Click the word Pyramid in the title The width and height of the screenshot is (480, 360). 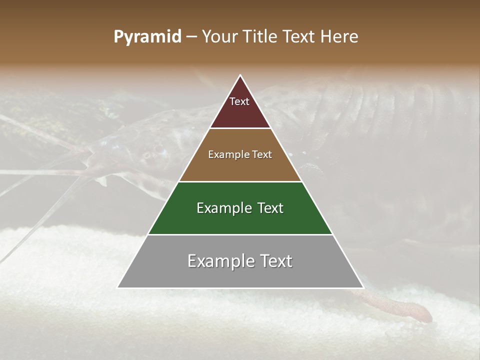tap(147, 37)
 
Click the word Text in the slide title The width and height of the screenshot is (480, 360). tap(300, 37)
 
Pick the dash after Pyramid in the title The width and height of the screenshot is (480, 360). tap(191, 37)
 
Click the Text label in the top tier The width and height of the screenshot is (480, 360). tap(239, 101)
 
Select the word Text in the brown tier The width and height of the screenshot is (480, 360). tap(262, 155)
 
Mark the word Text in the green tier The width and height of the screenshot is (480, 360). tap(271, 208)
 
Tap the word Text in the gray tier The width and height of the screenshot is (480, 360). tap(276, 261)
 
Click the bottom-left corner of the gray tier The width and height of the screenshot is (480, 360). tap(119, 287)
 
